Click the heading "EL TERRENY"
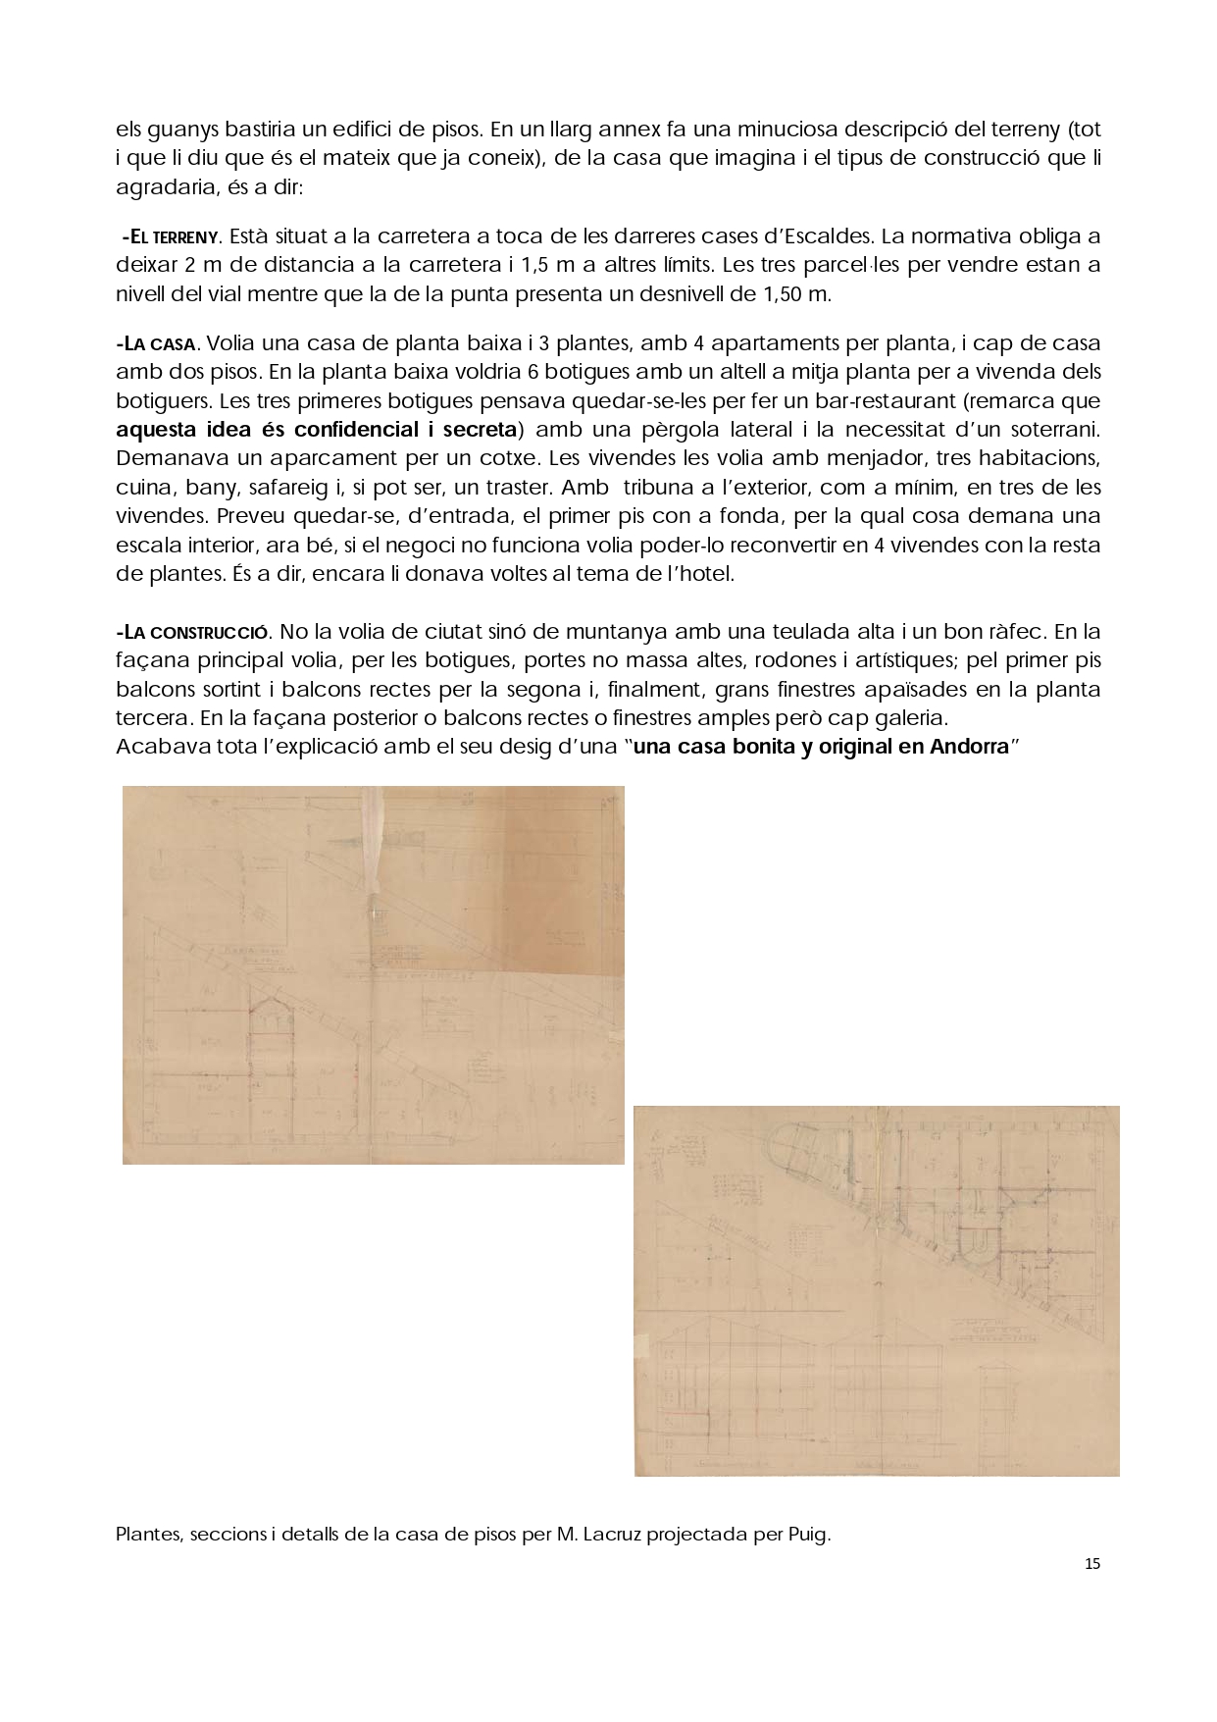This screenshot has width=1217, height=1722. coord(174,236)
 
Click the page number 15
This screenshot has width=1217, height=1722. coord(1092,1564)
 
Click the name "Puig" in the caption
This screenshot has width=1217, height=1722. coord(807,1535)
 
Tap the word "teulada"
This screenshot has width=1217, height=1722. coord(795,632)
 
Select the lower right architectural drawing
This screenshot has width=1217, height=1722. coord(876,1290)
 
